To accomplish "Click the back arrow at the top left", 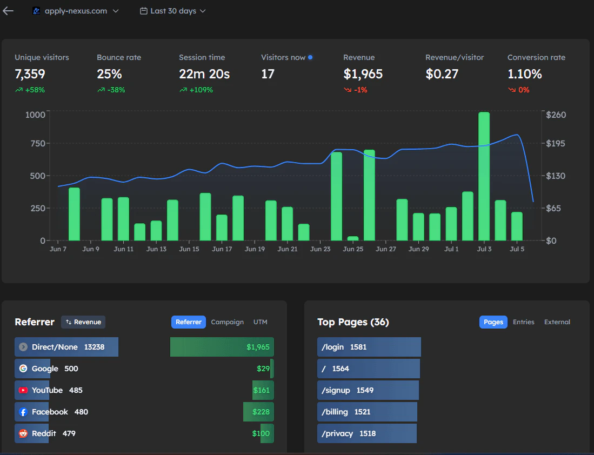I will click(x=8, y=11).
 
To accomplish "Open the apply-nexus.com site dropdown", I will click(x=76, y=11).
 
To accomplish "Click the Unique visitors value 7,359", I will click(x=30, y=74).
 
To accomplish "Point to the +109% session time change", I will click(x=201, y=90).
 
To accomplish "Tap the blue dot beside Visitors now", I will click(x=310, y=57).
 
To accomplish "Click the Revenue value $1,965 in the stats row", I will click(x=363, y=74).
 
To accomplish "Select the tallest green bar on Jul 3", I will click(x=484, y=176).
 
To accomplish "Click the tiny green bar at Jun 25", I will click(x=353, y=238).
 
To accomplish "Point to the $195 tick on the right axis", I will click(x=557, y=143).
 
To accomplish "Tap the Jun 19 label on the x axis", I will click(x=255, y=249).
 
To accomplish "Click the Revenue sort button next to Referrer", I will click(x=83, y=322).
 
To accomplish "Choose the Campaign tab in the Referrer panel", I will click(x=227, y=322).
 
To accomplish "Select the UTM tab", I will click(x=260, y=322).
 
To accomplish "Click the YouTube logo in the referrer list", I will click(x=23, y=390).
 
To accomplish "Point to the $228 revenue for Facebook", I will click(x=261, y=412).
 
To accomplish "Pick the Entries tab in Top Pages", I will click(x=523, y=322).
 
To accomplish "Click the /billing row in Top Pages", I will click(x=367, y=412).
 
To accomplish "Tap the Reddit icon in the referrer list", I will click(x=23, y=433).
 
